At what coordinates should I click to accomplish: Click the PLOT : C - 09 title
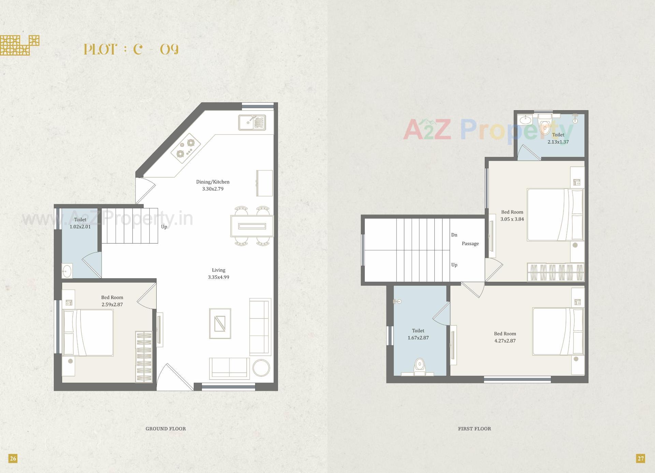pos(131,49)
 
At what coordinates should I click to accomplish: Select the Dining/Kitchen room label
pos(213,182)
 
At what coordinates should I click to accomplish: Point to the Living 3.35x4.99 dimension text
pos(218,277)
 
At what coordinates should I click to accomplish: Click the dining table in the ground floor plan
pos(252,226)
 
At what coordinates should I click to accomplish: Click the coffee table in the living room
pos(220,323)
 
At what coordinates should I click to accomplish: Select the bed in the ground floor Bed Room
pos(88,332)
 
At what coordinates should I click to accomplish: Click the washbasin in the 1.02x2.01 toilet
pos(67,271)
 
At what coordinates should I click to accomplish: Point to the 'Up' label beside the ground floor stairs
pos(164,227)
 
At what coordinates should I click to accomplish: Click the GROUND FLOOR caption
pos(165,429)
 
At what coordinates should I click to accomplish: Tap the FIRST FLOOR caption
pos(474,429)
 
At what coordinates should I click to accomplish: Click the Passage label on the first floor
pos(470,243)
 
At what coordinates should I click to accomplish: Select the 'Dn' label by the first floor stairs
pos(454,235)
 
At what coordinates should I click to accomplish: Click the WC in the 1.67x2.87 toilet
pos(419,367)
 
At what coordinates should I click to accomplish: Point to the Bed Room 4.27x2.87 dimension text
pos(505,341)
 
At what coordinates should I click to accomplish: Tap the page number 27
pos(640,458)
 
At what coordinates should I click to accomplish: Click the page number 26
pos(13,458)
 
